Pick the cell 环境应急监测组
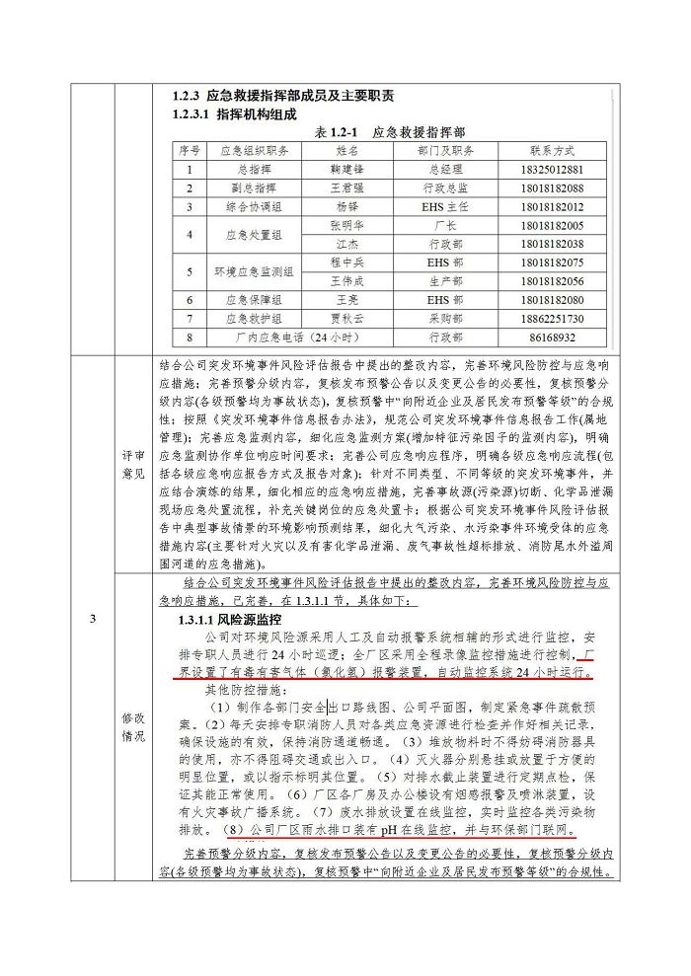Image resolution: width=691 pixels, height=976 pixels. coord(254,271)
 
